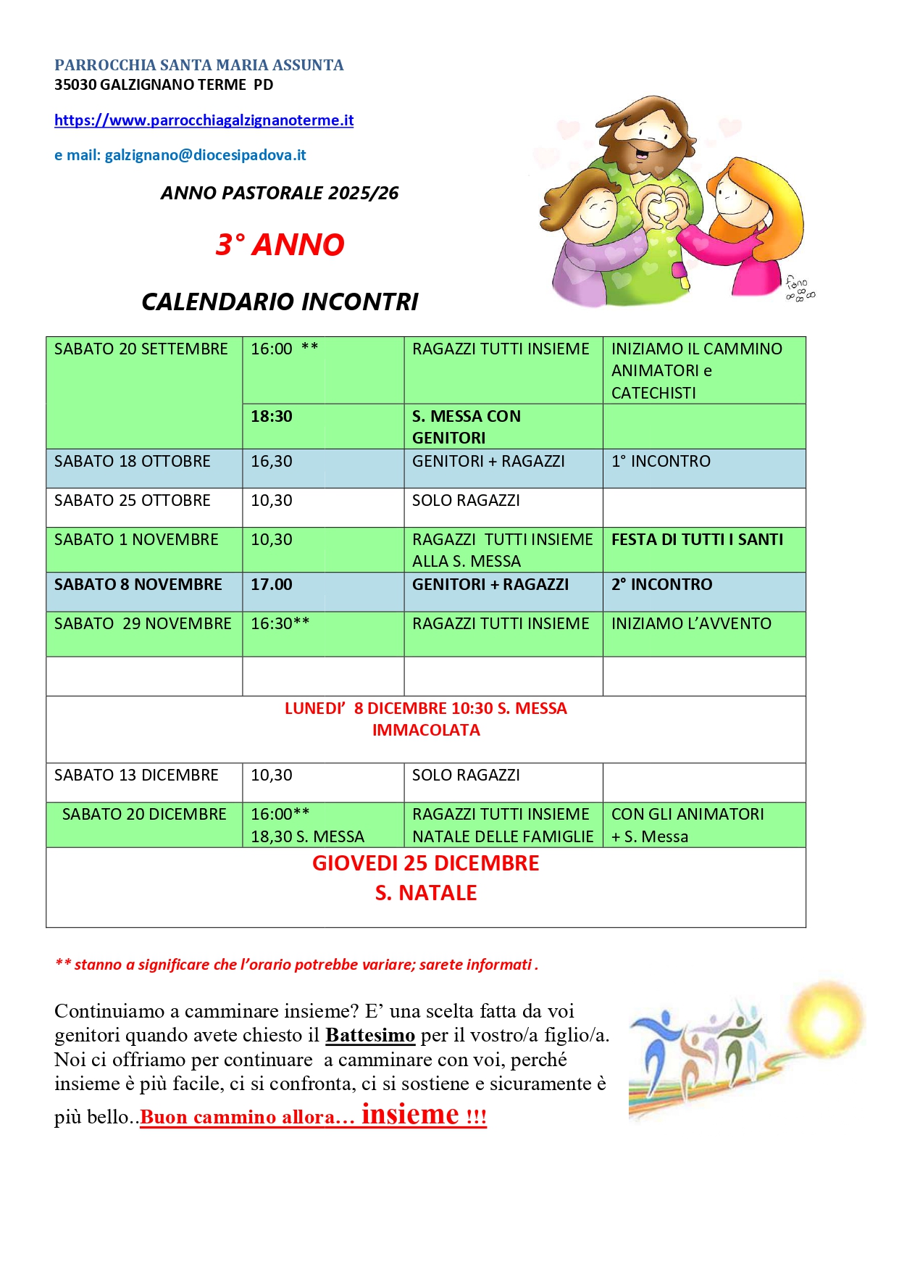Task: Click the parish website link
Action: (204, 120)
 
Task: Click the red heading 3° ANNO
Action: (280, 245)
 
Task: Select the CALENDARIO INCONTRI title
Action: (280, 302)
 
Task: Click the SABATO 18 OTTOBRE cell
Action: (133, 462)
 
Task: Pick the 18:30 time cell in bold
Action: (272, 417)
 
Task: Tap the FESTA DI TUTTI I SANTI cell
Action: (697, 540)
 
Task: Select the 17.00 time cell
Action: (272, 585)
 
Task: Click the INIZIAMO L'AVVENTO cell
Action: (691, 624)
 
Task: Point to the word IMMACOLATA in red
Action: (426, 731)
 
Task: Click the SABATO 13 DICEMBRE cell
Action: (136, 776)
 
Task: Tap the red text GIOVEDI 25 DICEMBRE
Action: (426, 864)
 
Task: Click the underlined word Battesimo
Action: (369, 1035)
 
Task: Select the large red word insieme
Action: (410, 1113)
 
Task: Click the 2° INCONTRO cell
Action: (661, 585)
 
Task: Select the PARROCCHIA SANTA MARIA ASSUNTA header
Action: (199, 65)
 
